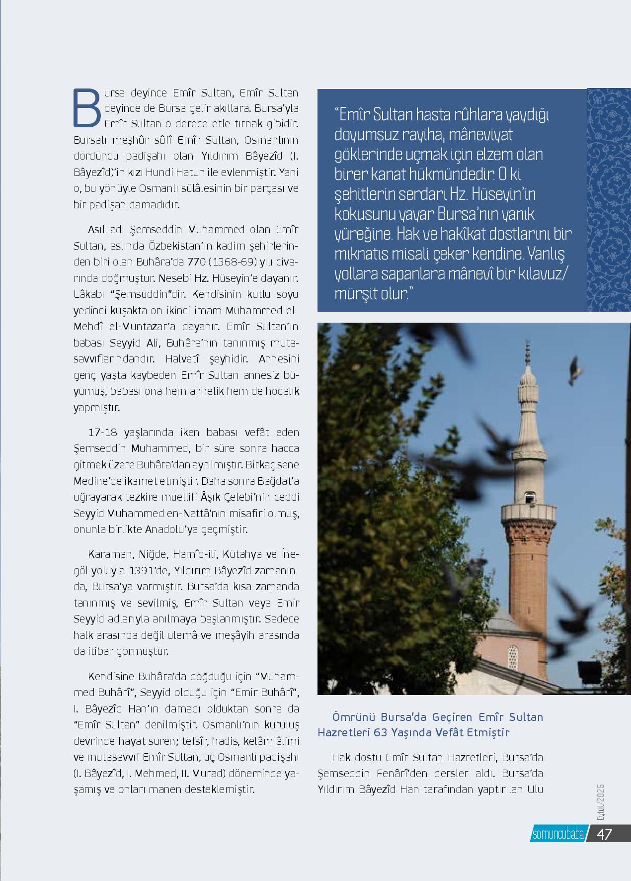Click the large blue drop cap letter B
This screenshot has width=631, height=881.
[x=87, y=107]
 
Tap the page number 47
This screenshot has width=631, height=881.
[x=604, y=834]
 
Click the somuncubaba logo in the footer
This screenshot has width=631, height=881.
[x=557, y=834]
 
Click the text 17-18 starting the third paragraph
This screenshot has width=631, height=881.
[x=104, y=432]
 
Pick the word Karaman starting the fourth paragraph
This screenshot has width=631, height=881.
[x=107, y=554]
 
